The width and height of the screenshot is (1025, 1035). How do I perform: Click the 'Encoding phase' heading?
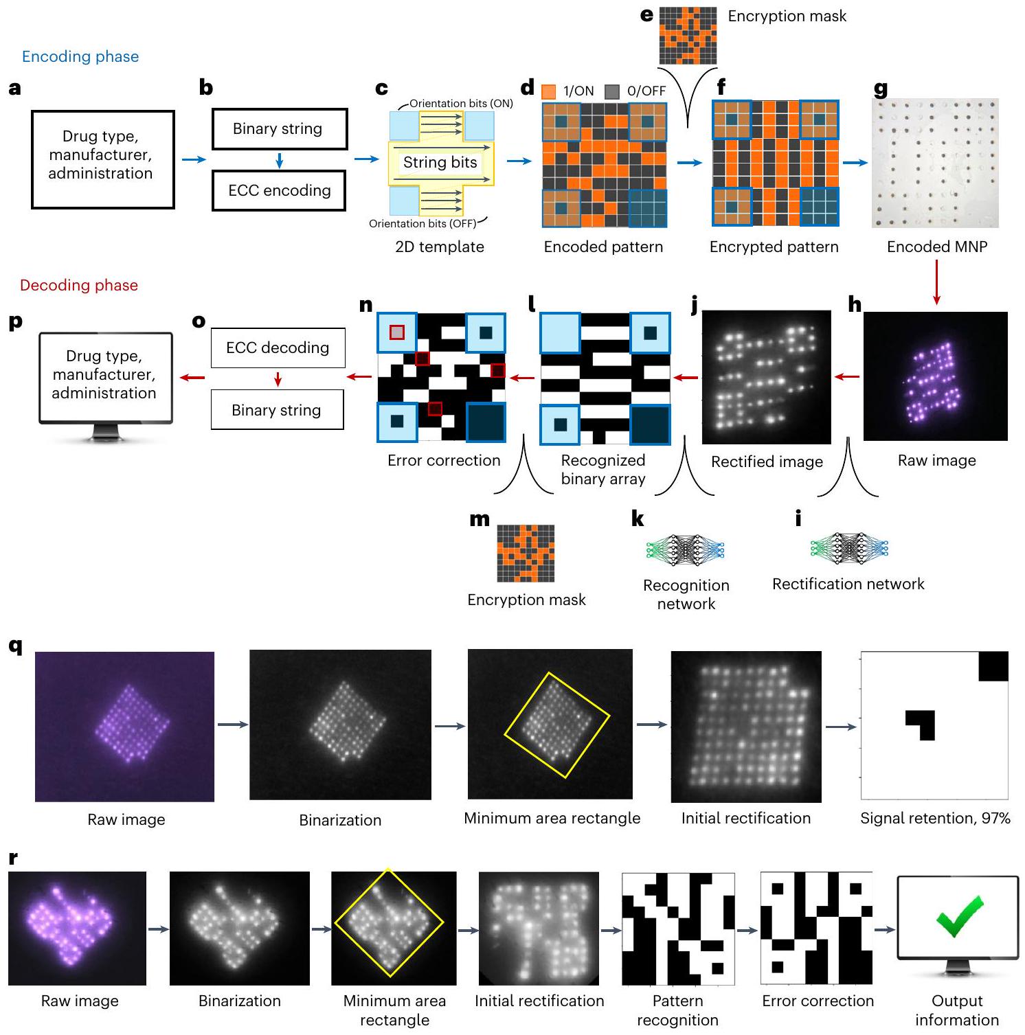coord(80,56)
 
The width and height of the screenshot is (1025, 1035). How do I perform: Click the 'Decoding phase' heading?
coord(79,285)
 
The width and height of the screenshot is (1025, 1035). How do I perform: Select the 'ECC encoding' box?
coord(279,190)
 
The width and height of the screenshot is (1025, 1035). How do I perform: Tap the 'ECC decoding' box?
coord(278,348)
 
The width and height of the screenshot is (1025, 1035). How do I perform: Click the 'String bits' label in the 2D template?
coord(440,162)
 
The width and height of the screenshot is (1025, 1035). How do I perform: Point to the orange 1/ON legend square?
coord(548,91)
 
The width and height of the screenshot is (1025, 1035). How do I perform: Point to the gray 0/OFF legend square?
coord(612,91)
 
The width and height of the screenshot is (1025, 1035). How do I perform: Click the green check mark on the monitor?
coord(959,916)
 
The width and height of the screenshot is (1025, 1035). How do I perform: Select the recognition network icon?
coord(686,549)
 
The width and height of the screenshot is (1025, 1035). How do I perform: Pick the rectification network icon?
coord(849,548)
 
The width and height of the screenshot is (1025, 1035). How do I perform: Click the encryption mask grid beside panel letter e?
coord(688,36)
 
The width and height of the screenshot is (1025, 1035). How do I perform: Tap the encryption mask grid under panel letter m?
coord(526,554)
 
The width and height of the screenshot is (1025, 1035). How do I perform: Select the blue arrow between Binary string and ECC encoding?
coord(279,160)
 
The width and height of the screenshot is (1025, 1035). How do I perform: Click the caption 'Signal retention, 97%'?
coord(935,818)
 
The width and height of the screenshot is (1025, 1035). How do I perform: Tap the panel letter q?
coord(15,646)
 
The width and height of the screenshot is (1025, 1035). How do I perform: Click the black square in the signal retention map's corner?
coord(993,666)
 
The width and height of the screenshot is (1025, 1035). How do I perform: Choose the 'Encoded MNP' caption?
coord(937,247)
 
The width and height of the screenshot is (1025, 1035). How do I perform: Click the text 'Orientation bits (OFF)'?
coord(423,223)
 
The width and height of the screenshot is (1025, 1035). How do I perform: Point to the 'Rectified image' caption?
coord(767,462)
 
